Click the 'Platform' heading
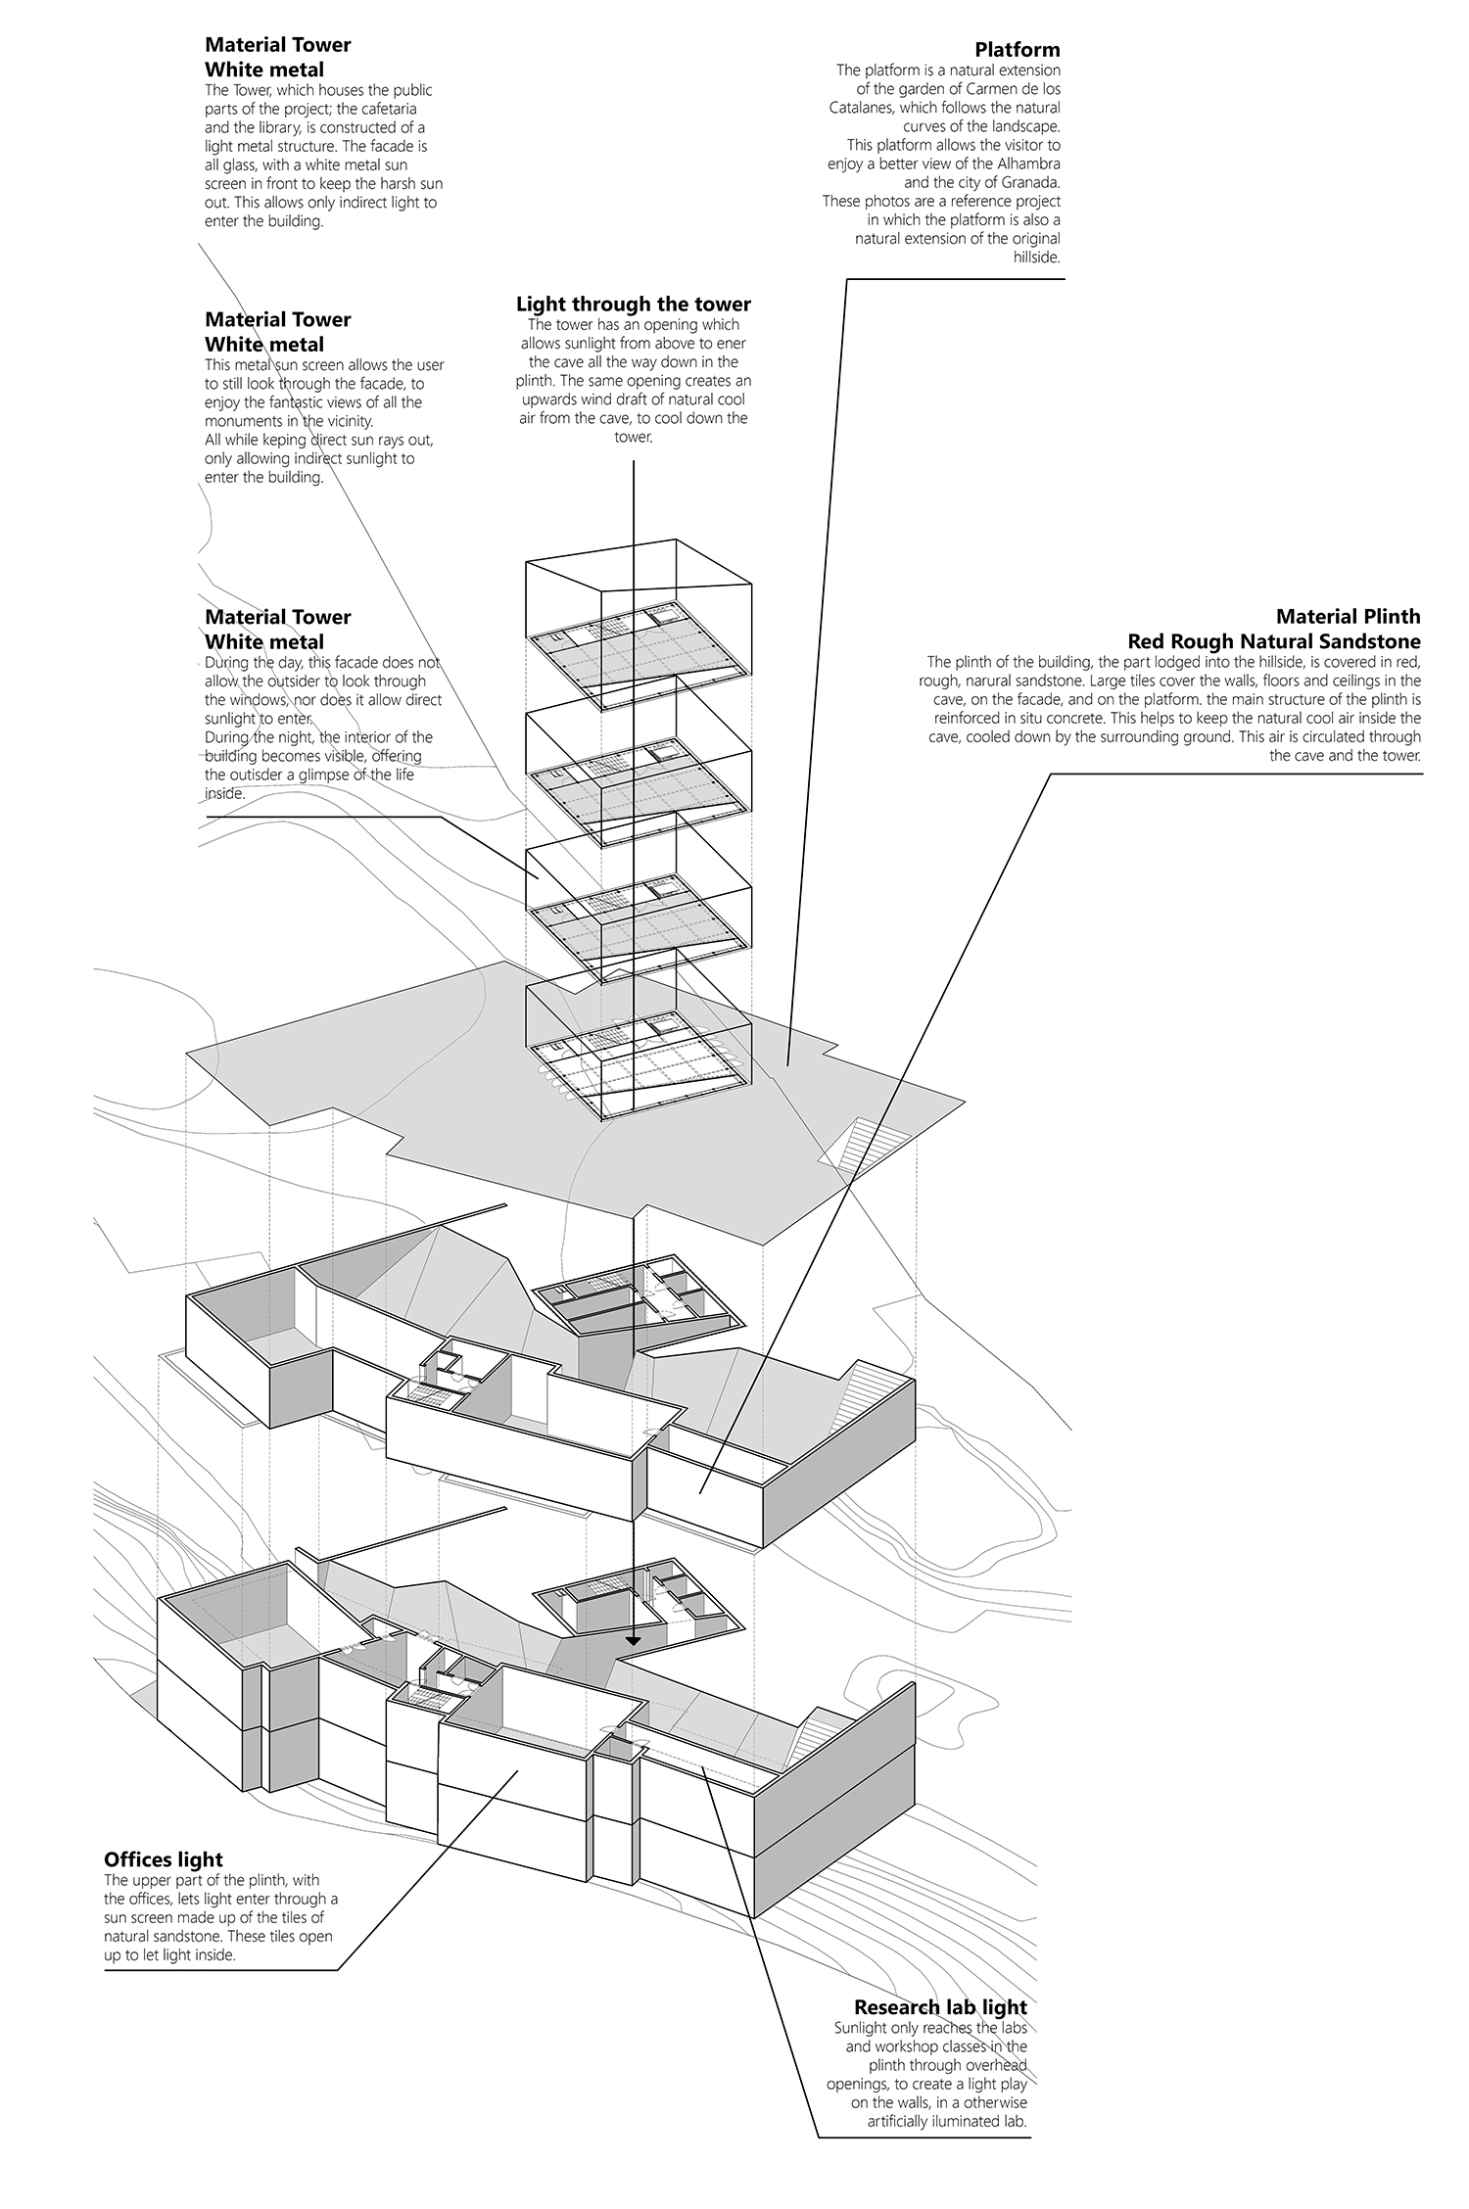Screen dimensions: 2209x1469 point(1017,50)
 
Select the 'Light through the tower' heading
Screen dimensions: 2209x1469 point(633,304)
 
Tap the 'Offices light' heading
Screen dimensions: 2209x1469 point(164,1859)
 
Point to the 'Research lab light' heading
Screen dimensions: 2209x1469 point(940,1980)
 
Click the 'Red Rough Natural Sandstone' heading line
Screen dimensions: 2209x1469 point(1273,641)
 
